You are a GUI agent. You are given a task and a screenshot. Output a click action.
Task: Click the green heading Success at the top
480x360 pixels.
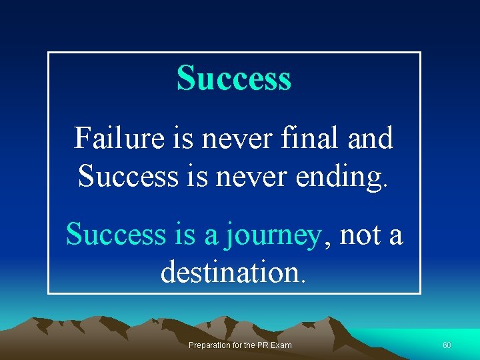point(234,78)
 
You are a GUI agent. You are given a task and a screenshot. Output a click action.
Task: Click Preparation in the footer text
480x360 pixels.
point(207,345)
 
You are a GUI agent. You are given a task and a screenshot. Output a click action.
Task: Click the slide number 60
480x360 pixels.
point(447,345)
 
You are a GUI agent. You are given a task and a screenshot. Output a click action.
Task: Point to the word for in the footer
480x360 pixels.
point(234,345)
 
